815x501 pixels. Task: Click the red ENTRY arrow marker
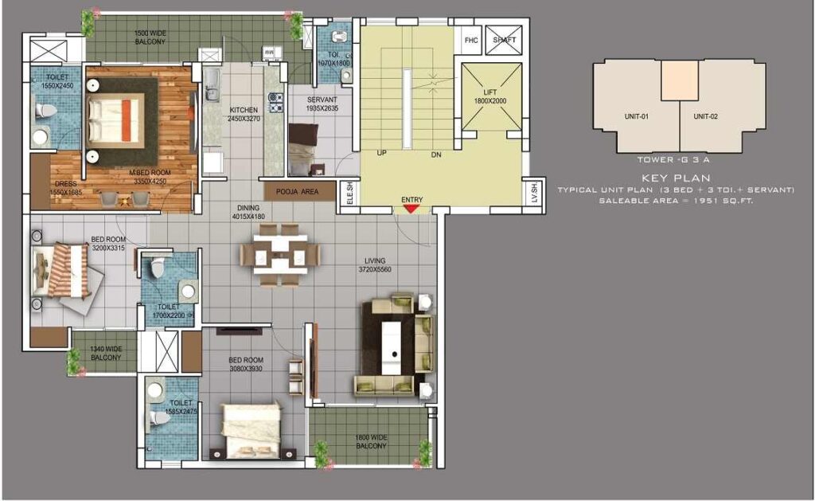[x=411, y=209]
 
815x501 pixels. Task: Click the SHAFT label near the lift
[x=505, y=39]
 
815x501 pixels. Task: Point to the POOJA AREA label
[x=298, y=192]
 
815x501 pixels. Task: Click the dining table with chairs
[x=280, y=254]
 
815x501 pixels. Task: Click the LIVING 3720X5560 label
[x=376, y=265]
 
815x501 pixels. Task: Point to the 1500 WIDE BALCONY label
[x=150, y=37]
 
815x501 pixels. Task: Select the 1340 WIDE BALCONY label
[x=105, y=354]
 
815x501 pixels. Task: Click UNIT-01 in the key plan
[x=636, y=116]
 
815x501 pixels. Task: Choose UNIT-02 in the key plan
[x=705, y=116]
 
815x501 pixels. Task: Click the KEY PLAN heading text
[x=676, y=178]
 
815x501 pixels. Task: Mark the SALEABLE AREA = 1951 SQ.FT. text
[x=676, y=201]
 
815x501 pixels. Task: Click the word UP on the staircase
[x=382, y=154]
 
